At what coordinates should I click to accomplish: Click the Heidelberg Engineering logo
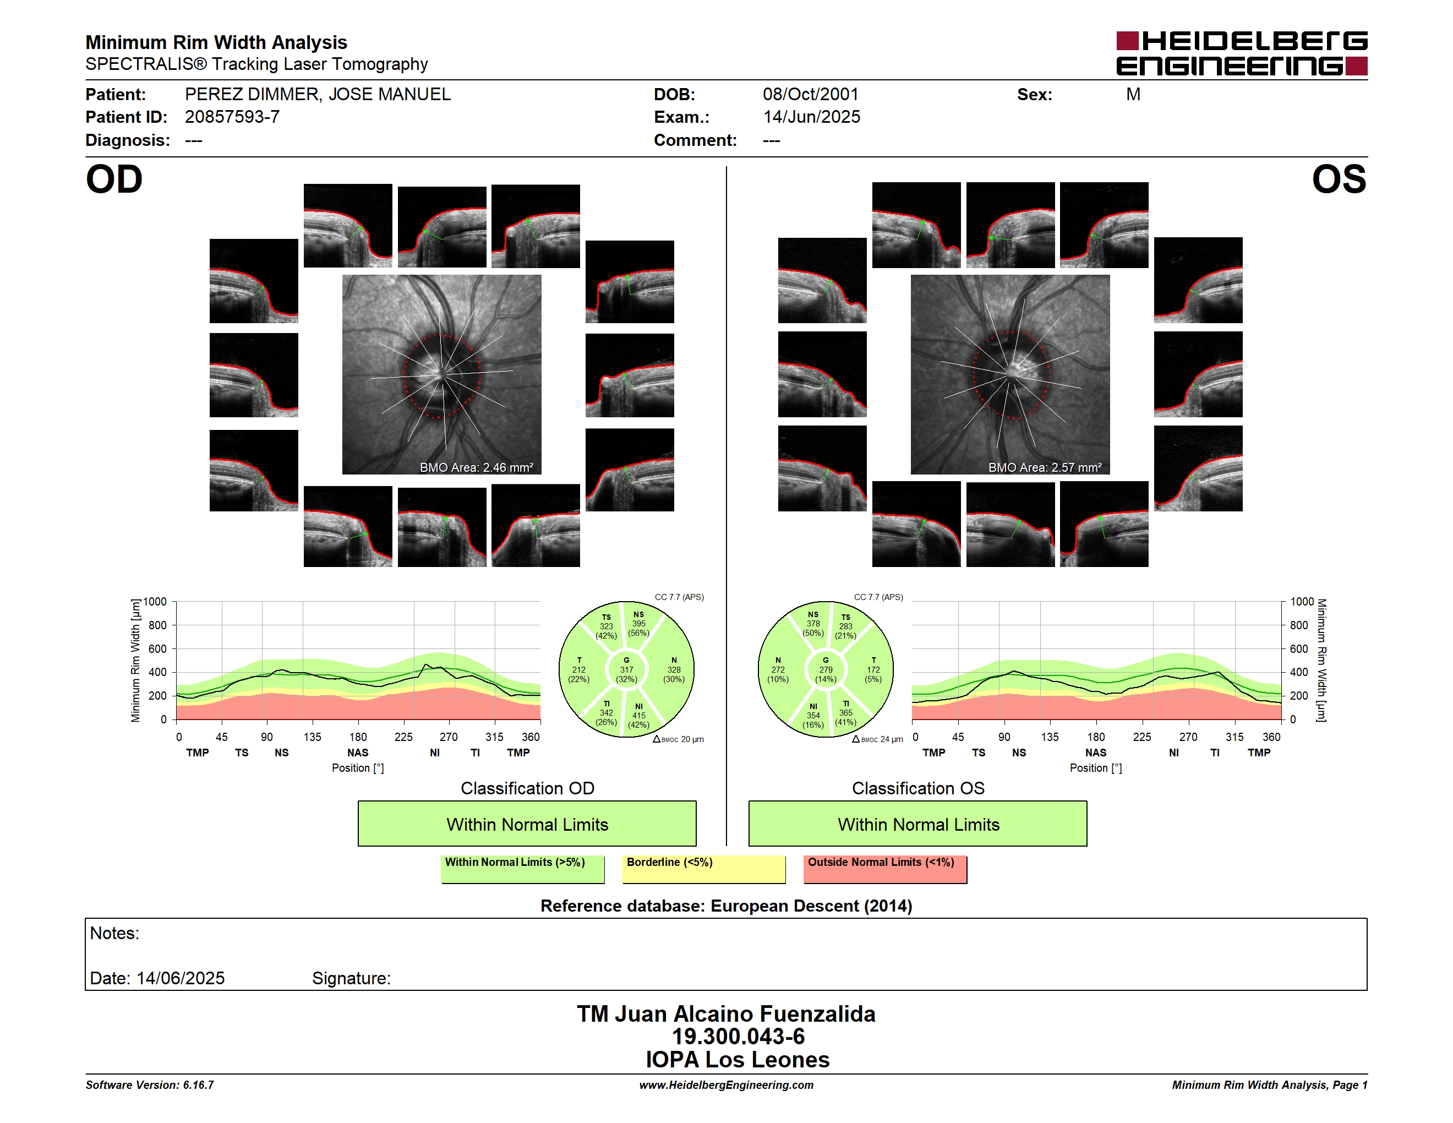pos(1242,53)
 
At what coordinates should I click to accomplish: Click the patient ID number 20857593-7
pos(232,117)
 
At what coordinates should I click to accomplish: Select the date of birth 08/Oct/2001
pos(810,95)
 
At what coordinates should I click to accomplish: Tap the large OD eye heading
pos(114,179)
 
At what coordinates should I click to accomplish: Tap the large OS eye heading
pos(1339,179)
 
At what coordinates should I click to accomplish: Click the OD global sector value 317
pos(626,670)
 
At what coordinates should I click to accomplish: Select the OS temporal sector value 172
pos(873,670)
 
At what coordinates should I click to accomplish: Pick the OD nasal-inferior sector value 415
pos(638,716)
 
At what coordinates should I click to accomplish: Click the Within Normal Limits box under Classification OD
pos(527,824)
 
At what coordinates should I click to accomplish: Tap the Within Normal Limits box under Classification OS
pos(918,824)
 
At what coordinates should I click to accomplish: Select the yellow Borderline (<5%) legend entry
pos(704,869)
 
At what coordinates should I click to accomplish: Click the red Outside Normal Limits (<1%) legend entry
pos(885,869)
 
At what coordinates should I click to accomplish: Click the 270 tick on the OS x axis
pos(1188,737)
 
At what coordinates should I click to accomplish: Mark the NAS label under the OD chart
pos(358,753)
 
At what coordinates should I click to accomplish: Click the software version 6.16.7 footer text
pos(150,1085)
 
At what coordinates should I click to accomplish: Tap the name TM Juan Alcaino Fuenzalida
pos(726,1014)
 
